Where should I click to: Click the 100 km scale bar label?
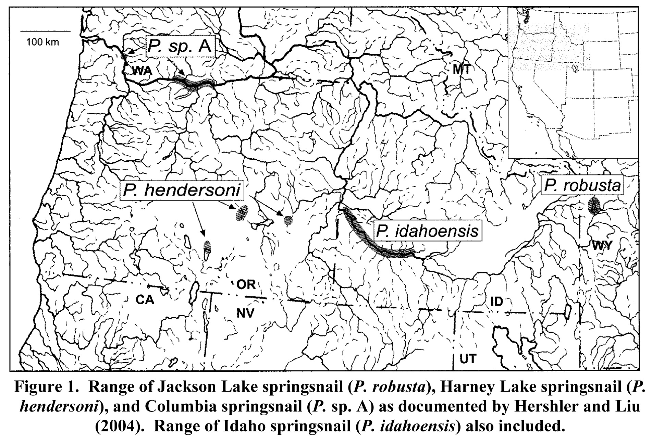point(43,42)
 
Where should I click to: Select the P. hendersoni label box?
point(182,190)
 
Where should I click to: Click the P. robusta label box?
point(582,186)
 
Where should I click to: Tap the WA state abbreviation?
point(142,71)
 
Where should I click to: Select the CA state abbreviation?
point(144,300)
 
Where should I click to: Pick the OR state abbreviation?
point(246,285)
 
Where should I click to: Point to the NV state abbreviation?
point(245,312)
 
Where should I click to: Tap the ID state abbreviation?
point(497,302)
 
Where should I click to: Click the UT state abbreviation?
point(468,359)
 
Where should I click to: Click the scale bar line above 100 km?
point(45,31)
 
